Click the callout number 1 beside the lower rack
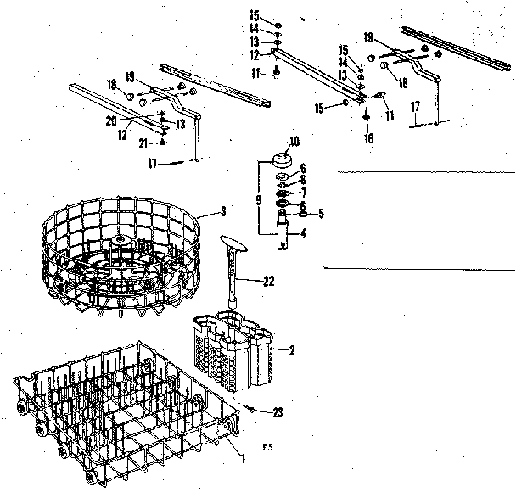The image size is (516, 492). tap(244, 459)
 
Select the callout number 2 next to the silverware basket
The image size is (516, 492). tap(293, 349)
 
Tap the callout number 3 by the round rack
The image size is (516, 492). tap(223, 210)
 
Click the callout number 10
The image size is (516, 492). tap(294, 141)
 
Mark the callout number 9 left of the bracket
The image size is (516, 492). tap(257, 201)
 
